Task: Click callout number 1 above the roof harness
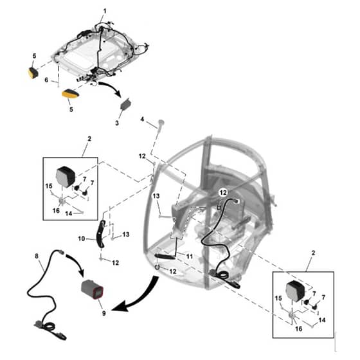click(x=105, y=11)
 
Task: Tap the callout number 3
click(x=117, y=123)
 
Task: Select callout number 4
click(x=142, y=120)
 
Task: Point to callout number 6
click(x=46, y=80)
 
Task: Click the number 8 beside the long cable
click(x=37, y=256)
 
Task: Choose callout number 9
click(x=104, y=313)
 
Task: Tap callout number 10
click(x=82, y=239)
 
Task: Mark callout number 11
click(x=190, y=256)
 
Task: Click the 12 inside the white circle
click(x=223, y=193)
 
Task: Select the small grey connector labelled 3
click(x=126, y=105)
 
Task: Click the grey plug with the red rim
click(x=93, y=290)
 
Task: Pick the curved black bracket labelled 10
click(x=100, y=233)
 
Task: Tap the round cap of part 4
click(x=161, y=122)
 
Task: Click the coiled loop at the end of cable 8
click(x=50, y=326)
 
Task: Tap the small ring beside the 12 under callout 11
click(x=157, y=267)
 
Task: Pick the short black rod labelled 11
click(x=165, y=256)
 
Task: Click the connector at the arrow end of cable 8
click(x=61, y=252)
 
